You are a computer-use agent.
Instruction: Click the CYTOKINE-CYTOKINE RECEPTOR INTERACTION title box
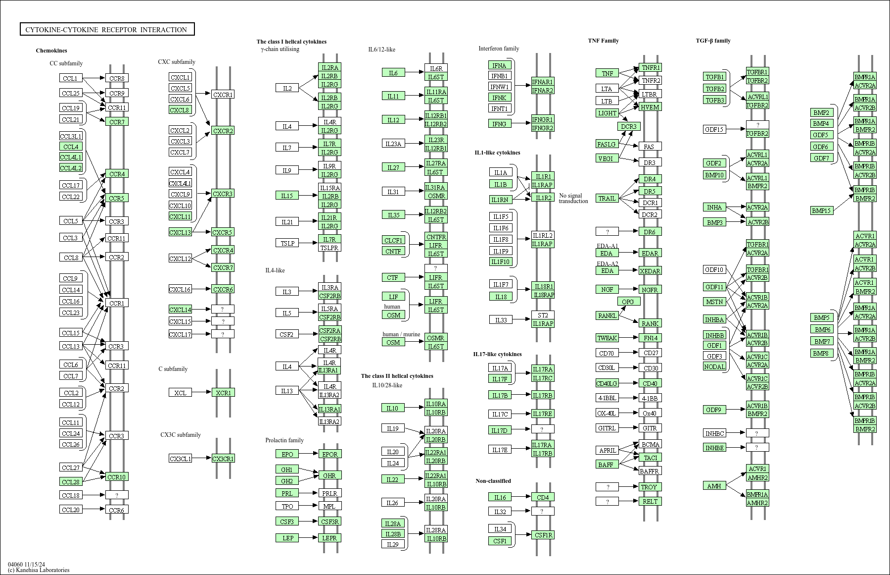point(107,30)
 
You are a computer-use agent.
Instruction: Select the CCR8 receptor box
point(117,78)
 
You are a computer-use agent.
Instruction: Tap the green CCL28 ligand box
point(71,481)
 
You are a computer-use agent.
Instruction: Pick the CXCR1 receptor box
point(223,94)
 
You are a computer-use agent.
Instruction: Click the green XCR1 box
point(223,393)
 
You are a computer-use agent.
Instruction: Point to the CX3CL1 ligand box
point(180,459)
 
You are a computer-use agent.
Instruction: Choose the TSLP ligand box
point(287,243)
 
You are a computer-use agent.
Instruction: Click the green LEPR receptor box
point(329,538)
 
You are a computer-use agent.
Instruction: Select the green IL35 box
point(393,215)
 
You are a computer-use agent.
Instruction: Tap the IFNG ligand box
point(499,124)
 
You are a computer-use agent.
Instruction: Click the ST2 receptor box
point(543,315)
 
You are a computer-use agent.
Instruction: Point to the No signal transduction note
point(573,198)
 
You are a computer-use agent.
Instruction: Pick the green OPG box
point(628,302)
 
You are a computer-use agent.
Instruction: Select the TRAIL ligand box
point(607,198)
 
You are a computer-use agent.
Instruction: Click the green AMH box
point(714,486)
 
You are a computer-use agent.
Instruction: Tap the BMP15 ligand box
point(822,210)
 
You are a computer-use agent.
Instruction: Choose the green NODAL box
point(714,366)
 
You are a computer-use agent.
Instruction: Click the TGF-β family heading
point(713,41)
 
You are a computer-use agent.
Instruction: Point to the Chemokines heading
point(51,51)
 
